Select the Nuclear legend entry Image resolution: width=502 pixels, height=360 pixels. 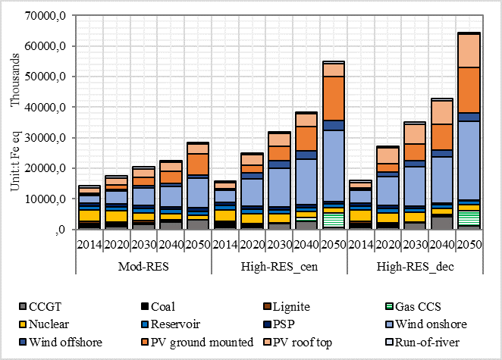(x=49, y=324)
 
